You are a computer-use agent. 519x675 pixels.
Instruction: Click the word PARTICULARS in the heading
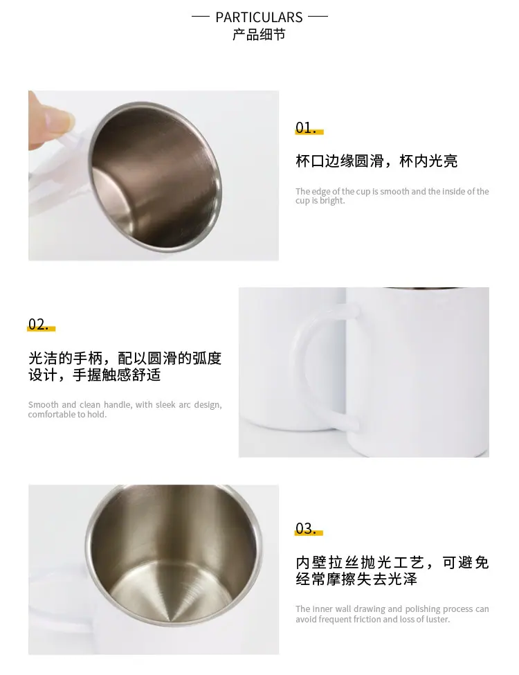point(259,17)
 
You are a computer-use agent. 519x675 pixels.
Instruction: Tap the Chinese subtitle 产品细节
point(259,35)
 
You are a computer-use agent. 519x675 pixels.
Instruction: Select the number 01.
point(306,127)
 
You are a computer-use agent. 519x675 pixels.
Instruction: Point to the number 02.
point(39,324)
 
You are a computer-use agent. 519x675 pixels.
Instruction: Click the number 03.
point(306,528)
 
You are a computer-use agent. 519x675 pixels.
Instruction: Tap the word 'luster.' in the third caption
point(437,619)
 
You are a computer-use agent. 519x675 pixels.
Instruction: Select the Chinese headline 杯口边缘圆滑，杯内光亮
point(376,161)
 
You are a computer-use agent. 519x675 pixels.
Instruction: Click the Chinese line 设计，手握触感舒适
point(95,375)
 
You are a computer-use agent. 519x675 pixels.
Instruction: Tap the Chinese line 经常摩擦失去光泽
point(356,579)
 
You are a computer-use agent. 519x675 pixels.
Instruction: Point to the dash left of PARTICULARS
point(200,17)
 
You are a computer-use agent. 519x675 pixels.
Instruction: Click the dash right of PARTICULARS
point(318,17)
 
